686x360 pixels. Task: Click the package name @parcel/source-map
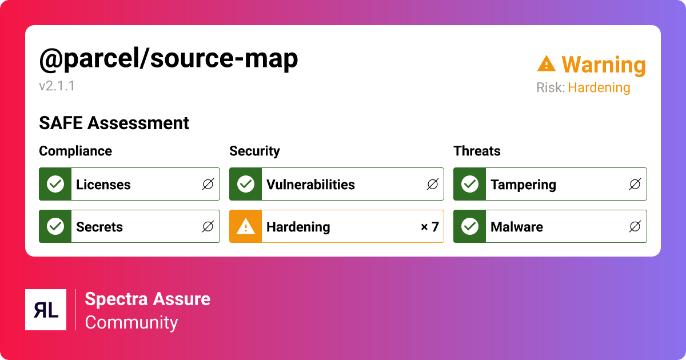click(169, 59)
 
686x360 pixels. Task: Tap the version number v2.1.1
click(57, 86)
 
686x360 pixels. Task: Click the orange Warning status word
click(603, 65)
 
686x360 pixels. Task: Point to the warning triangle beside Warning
click(547, 63)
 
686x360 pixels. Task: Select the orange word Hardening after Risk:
click(599, 88)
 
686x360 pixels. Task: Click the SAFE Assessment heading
click(114, 123)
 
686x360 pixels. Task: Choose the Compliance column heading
click(75, 151)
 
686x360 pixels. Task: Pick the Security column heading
click(254, 151)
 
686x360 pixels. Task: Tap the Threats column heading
click(477, 151)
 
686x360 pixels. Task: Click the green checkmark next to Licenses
click(55, 184)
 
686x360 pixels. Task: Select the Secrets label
click(99, 227)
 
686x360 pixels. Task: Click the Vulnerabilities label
click(310, 185)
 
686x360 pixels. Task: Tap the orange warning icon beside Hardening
click(246, 227)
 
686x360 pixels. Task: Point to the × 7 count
click(429, 227)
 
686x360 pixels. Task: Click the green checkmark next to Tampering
click(470, 184)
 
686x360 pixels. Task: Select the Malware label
click(517, 227)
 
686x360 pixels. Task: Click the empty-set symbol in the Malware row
click(635, 227)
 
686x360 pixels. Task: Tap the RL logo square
click(46, 310)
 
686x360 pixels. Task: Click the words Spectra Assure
click(147, 299)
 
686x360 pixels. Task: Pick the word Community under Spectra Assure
click(131, 322)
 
